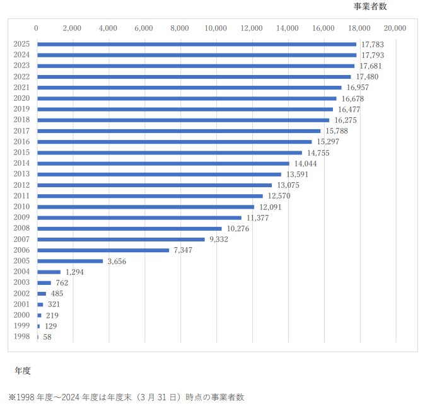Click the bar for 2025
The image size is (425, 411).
[x=197, y=44]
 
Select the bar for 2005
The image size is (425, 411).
[x=70, y=261]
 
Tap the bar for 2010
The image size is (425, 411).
[x=146, y=207]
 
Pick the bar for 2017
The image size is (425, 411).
[x=178, y=131]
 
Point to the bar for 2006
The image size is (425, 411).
[x=103, y=250]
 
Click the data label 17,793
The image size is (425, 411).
[x=373, y=55]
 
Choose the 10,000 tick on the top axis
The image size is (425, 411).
[x=216, y=28]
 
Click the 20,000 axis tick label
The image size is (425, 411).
[x=395, y=28]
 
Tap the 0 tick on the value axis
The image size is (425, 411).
[x=37, y=28]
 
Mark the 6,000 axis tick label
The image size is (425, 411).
[x=144, y=28]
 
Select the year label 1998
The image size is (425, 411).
[x=21, y=337]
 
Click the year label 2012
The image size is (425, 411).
[x=21, y=185]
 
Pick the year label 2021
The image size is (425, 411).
[x=21, y=88]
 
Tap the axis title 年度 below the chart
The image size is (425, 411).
[x=23, y=370]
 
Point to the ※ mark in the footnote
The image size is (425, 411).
[x=11, y=397]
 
